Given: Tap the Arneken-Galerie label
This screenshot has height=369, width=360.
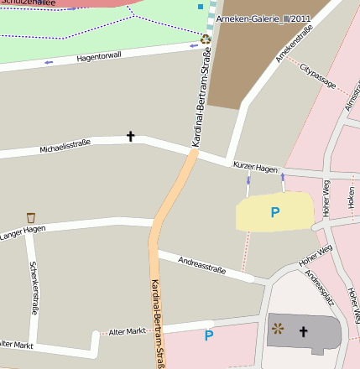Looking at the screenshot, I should [x=251, y=18].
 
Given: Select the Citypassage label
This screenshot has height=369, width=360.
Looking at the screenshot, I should [x=318, y=77].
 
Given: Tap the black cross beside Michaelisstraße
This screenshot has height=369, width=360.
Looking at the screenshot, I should [x=130, y=135].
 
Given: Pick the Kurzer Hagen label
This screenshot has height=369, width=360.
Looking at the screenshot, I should [x=255, y=169].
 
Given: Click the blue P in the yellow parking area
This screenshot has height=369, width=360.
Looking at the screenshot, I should [x=274, y=213].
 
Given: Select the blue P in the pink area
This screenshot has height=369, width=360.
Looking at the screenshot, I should [x=209, y=336].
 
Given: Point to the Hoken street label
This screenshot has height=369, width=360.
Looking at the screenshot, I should [x=350, y=198].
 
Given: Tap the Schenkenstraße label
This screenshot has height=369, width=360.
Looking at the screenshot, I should [x=34, y=287].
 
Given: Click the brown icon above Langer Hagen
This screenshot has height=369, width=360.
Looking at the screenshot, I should [x=31, y=217].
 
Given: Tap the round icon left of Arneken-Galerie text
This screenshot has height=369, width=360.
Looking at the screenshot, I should [x=206, y=38].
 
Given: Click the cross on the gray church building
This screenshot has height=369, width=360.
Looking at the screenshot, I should [x=303, y=332].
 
